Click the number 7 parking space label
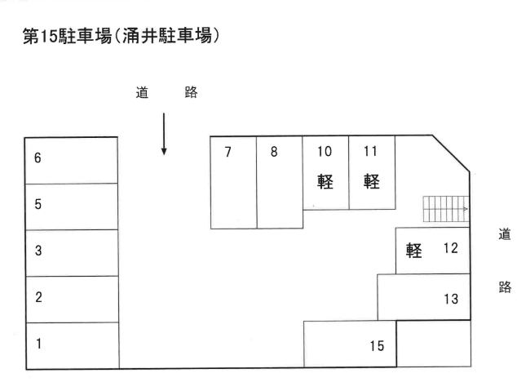(228, 151)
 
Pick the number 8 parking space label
(275, 151)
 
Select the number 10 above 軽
(325, 151)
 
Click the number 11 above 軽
(371, 151)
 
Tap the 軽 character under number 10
(325, 180)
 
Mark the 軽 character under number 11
(372, 180)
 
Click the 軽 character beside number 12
(413, 250)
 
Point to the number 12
(450, 248)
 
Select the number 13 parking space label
(451, 299)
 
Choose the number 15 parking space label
(376, 346)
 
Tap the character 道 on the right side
(504, 235)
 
